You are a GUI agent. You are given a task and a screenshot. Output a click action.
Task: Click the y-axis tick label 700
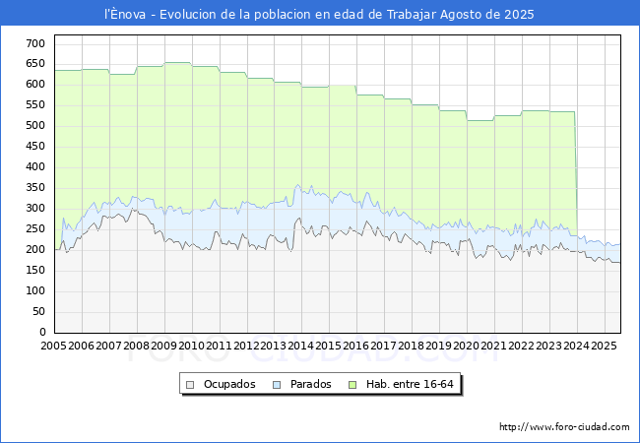(35, 43)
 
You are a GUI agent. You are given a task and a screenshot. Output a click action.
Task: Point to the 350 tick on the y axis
(35, 188)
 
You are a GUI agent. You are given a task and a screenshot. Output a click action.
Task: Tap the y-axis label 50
(38, 312)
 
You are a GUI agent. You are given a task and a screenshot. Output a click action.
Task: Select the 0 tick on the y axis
(42, 332)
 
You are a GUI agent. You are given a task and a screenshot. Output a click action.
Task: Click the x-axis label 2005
(53, 346)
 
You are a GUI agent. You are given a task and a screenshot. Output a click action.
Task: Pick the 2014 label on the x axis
(301, 346)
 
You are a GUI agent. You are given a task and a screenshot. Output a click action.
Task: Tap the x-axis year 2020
(466, 346)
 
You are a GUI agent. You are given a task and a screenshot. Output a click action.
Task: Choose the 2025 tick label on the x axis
(604, 346)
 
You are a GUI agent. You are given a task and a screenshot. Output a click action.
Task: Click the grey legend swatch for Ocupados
(190, 385)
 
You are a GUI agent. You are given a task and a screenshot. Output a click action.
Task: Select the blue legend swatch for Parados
(277, 385)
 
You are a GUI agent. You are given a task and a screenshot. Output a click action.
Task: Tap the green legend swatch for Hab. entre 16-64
(352, 385)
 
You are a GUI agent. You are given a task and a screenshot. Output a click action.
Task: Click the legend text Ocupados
(229, 384)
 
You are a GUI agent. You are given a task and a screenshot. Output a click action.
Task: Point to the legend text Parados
(310, 384)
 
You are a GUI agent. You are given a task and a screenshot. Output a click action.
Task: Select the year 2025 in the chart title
(519, 15)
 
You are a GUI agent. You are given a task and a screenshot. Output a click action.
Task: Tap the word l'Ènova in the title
(125, 14)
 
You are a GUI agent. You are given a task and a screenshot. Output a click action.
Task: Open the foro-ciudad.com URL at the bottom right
(564, 427)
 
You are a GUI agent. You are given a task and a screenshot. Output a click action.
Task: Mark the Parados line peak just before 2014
(297, 185)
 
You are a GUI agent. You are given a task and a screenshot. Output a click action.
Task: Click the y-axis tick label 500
(35, 126)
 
